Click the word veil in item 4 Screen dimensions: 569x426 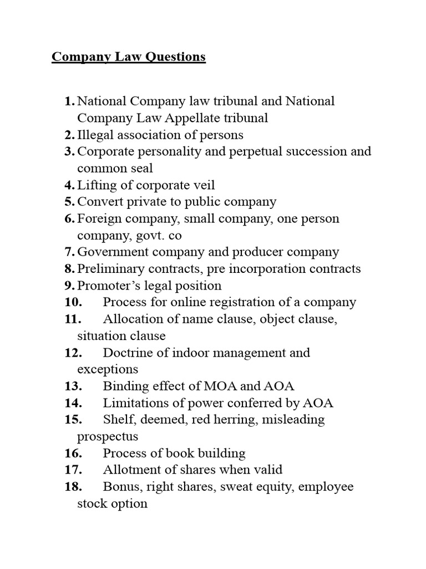(203, 185)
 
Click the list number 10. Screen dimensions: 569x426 (73, 302)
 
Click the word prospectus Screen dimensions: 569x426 (108, 437)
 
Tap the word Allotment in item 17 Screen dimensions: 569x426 (130, 470)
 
